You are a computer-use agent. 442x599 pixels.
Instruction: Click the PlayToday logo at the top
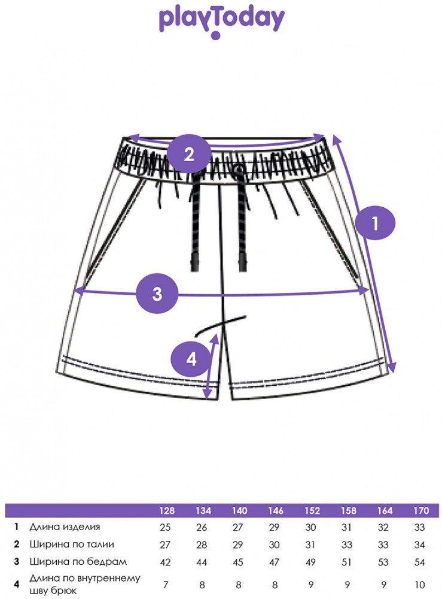221,22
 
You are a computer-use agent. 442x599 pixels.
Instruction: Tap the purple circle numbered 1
375,223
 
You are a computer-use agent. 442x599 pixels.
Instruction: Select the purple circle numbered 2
189,154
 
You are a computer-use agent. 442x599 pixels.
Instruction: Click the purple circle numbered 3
157,294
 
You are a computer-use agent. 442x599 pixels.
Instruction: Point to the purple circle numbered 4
191,359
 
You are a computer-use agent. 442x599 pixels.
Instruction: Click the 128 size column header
167,511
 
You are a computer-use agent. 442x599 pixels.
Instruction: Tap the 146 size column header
275,511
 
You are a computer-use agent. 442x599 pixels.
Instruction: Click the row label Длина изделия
65,527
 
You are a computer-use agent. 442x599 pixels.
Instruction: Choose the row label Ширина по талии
72,544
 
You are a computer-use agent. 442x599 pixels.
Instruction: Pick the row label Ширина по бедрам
78,562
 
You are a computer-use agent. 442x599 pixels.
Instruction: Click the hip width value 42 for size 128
165,562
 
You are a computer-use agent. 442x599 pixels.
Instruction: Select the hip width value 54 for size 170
419,562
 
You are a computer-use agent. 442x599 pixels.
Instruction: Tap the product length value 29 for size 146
274,528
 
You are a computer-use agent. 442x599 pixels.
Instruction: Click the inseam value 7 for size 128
165,585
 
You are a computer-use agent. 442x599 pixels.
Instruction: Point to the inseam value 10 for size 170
419,585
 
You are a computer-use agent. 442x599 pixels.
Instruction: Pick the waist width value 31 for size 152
310,544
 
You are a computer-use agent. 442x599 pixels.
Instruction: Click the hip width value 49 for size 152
310,562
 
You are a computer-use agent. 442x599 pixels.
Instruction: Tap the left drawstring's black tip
195,262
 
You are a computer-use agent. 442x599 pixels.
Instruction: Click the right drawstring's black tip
243,262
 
